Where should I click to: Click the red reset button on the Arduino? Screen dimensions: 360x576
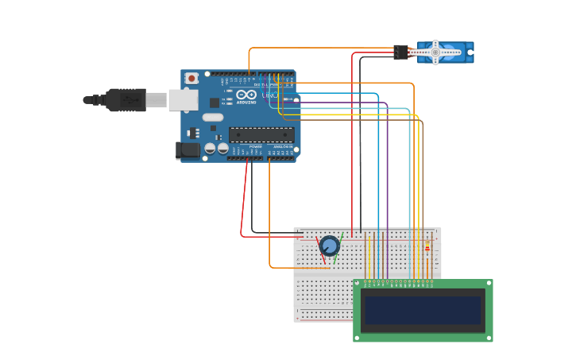point(191,78)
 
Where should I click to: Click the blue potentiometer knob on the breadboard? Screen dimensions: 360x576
point(329,246)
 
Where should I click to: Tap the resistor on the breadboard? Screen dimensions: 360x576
point(427,249)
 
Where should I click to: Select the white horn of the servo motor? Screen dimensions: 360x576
point(435,52)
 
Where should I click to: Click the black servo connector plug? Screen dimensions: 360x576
point(400,52)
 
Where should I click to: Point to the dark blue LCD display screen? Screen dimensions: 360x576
point(423,310)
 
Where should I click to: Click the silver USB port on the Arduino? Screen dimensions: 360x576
point(183,99)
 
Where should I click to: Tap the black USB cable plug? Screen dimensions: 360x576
point(125,100)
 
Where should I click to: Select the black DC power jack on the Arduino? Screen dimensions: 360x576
point(187,149)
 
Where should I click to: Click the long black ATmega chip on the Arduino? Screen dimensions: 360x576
point(261,134)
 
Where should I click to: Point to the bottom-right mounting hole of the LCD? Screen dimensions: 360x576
point(488,338)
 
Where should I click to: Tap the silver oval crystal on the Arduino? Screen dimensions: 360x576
point(213,118)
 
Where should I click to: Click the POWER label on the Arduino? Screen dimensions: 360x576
point(255,147)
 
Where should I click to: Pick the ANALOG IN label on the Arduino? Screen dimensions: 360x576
point(282,147)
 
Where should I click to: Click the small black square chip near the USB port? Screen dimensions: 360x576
point(215,102)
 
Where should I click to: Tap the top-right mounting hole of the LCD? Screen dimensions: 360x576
point(488,284)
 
